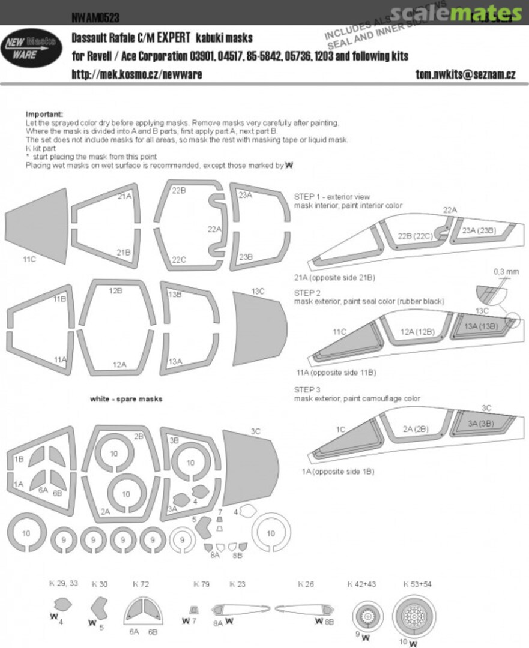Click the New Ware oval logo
point(32,49)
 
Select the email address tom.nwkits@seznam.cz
point(465,74)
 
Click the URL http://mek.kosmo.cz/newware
point(137,74)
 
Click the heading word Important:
point(44,114)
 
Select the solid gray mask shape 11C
point(37,226)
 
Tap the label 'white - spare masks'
point(126,399)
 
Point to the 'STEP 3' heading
point(307,389)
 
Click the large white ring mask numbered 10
point(271,533)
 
